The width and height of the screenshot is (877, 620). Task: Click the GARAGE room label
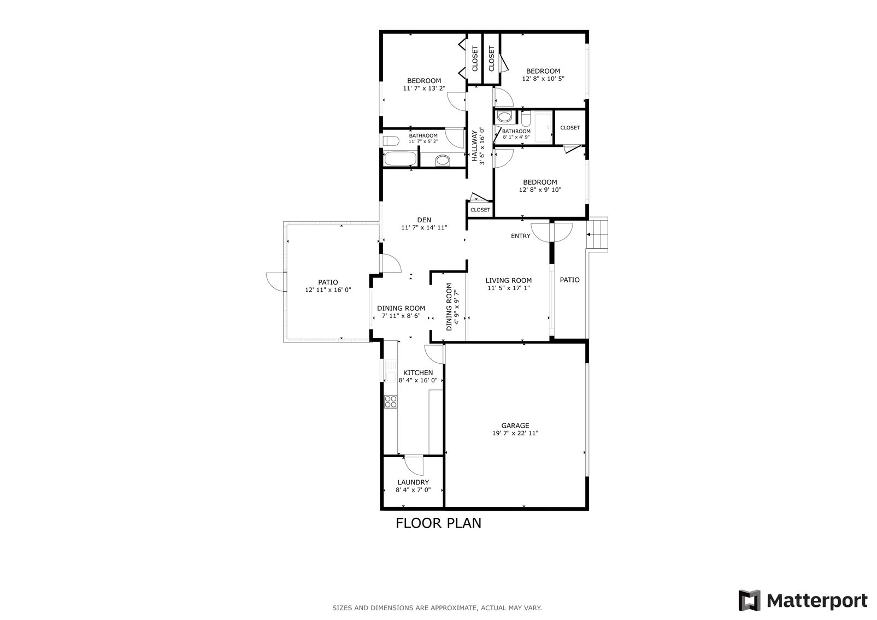(515, 426)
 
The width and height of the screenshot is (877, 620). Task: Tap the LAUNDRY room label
(413, 482)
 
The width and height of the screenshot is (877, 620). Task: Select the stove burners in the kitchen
(391, 401)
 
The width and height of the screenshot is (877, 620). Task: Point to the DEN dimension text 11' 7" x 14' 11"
(425, 228)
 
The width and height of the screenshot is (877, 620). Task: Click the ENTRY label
(520, 236)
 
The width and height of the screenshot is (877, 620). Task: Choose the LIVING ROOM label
(509, 281)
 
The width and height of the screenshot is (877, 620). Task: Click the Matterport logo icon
(750, 600)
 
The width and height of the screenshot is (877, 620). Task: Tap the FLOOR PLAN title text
(438, 523)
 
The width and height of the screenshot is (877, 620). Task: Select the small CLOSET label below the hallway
(480, 210)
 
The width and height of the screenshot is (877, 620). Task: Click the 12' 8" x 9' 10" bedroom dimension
(540, 190)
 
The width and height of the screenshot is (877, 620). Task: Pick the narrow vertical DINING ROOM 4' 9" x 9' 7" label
(453, 306)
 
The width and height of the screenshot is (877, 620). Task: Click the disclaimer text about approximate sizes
(437, 607)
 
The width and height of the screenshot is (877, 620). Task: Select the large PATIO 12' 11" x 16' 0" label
(328, 286)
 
